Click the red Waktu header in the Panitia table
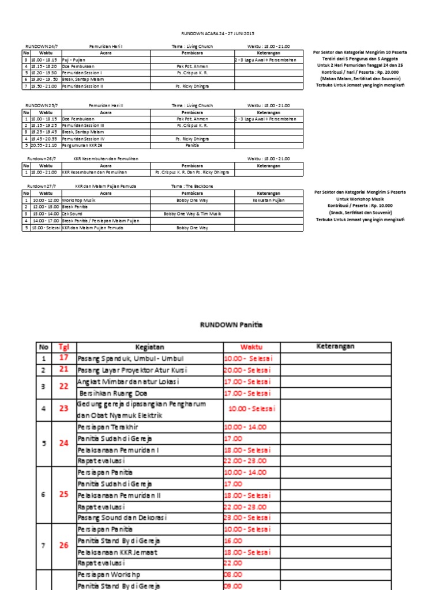tap(251, 347)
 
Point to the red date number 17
tap(63, 358)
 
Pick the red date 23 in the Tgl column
tap(63, 410)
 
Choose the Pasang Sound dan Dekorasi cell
tap(123, 518)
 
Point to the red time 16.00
tap(234, 541)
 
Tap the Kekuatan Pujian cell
tap(268, 200)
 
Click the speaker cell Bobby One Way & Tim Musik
tap(192, 214)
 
